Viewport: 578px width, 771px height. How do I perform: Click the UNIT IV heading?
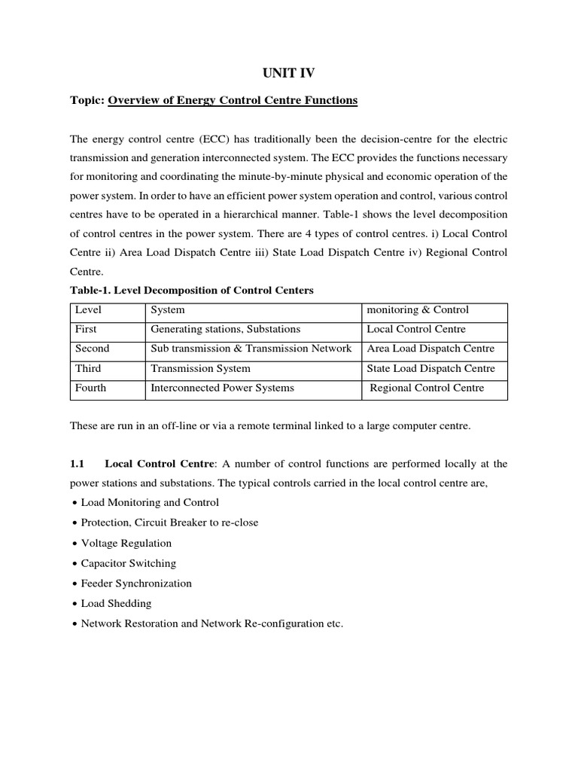[288, 72]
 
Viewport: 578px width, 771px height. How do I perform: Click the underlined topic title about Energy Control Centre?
[233, 100]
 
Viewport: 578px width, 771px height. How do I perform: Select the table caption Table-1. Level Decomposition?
[192, 290]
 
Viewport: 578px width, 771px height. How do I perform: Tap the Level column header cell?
[89, 309]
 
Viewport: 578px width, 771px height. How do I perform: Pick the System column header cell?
[168, 309]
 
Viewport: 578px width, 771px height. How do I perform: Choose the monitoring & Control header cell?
[417, 309]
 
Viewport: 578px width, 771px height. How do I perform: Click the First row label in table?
[87, 329]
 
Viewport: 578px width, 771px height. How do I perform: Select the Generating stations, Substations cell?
[226, 329]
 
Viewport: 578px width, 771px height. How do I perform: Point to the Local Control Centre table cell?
[416, 329]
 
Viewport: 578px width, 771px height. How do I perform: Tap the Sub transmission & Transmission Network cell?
[251, 349]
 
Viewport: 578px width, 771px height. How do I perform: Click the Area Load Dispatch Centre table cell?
[430, 349]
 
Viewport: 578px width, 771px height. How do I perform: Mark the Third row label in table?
[88, 368]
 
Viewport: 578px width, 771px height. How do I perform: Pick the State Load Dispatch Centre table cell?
[430, 368]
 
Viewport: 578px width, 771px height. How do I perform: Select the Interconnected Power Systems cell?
[223, 388]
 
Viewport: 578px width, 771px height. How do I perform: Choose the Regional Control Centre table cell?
[427, 388]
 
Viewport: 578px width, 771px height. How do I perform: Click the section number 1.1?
[78, 463]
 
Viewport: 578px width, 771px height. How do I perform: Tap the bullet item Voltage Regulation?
[126, 543]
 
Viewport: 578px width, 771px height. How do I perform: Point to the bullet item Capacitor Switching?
[128, 563]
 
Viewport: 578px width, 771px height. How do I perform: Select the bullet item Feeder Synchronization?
[135, 583]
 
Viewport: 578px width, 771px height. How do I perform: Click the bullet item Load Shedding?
[116, 603]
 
